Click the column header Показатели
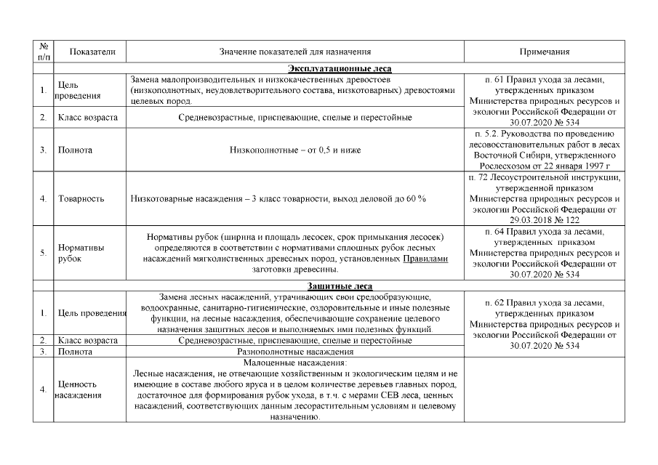(x=90, y=52)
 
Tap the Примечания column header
(x=544, y=52)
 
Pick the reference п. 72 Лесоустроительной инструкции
(x=544, y=177)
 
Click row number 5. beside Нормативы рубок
(x=44, y=253)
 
